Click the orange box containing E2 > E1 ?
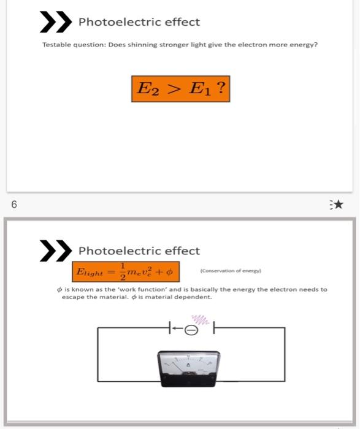coord(181,89)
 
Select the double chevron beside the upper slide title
coord(53,22)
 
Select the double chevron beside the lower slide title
coord(53,251)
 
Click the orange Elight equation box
coord(125,270)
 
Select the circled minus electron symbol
coord(191,330)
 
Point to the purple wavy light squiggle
coord(199,319)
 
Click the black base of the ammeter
coord(188,383)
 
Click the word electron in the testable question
coord(237,45)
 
